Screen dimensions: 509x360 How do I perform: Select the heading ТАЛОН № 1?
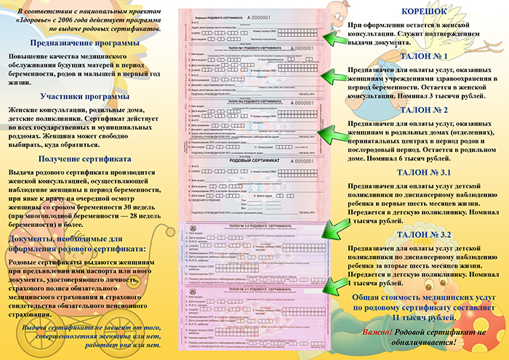[x=425, y=56]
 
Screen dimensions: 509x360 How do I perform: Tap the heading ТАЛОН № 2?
[x=425, y=110]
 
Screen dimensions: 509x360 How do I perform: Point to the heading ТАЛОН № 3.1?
[x=425, y=172]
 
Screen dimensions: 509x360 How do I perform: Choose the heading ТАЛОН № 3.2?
[x=425, y=235]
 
